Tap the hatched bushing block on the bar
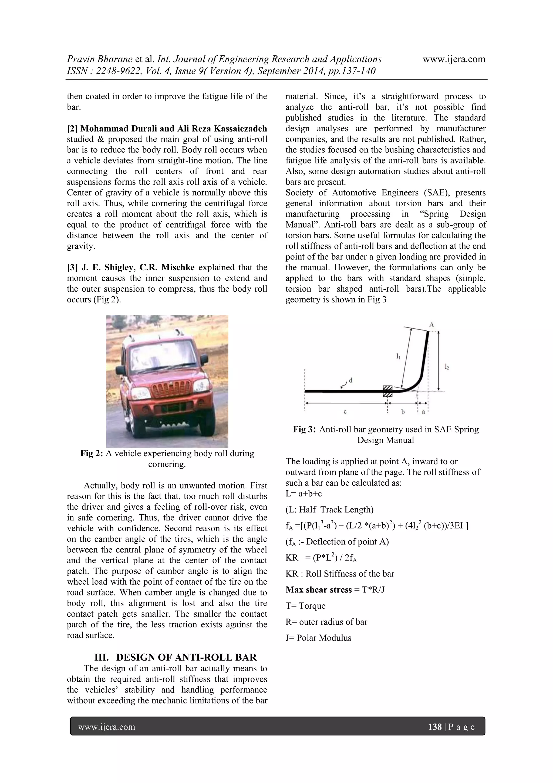click(387, 391)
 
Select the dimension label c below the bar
click(345, 412)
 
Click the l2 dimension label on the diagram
click(447, 366)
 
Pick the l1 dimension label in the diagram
click(398, 357)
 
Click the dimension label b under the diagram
click(403, 412)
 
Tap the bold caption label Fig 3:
click(305, 429)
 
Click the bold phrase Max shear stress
click(319, 590)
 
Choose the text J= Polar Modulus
click(318, 638)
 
